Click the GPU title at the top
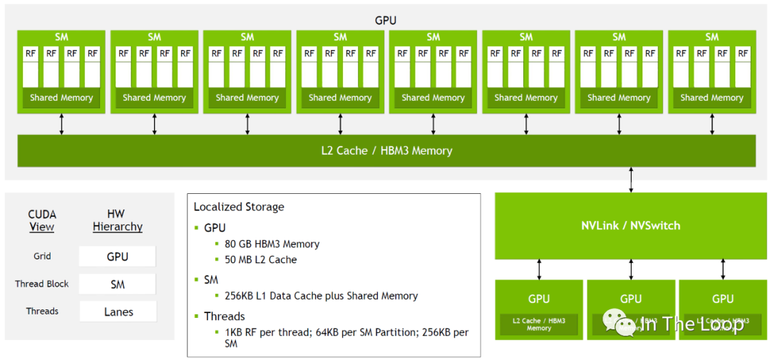(386, 21)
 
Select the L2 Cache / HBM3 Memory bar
(386, 151)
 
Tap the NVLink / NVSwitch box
(630, 225)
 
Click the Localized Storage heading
(239, 207)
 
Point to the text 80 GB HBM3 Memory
(272, 244)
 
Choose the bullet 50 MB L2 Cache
(261, 259)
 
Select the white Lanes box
(118, 312)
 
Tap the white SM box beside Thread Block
(118, 284)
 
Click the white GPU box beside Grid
(118, 257)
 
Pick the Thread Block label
(42, 284)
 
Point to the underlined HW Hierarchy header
(118, 220)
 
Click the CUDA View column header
(42, 220)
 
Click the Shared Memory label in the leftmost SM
(61, 98)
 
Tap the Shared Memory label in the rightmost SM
(712, 98)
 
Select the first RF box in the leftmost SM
(31, 53)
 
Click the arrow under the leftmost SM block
(61, 124)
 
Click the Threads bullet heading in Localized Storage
(225, 316)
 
